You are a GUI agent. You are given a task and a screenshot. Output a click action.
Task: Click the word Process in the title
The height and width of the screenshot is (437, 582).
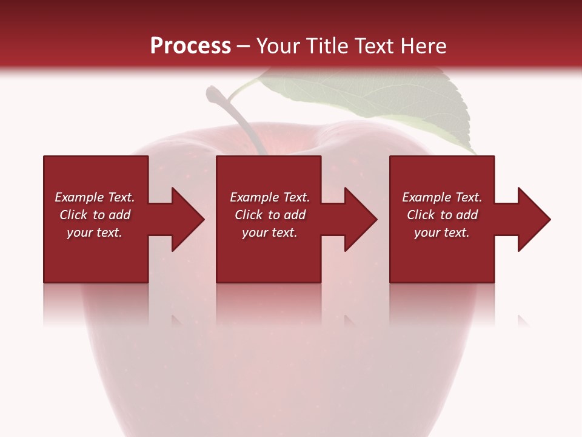click(x=190, y=46)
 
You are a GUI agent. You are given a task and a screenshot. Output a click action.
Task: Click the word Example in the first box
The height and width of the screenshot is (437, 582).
click(x=79, y=197)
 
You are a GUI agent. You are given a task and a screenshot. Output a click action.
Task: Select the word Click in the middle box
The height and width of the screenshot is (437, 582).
click(x=248, y=215)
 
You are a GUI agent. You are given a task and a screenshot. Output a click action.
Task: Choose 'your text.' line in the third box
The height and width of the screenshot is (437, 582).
click(x=441, y=232)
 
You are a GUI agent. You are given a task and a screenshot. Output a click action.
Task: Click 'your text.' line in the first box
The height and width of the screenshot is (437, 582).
click(x=95, y=232)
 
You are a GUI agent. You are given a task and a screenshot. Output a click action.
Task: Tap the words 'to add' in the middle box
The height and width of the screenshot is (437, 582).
click(x=286, y=215)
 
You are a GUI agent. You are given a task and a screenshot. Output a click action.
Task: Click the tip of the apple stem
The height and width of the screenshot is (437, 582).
click(x=214, y=93)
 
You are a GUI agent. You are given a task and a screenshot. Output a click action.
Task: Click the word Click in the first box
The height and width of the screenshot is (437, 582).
click(x=73, y=215)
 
